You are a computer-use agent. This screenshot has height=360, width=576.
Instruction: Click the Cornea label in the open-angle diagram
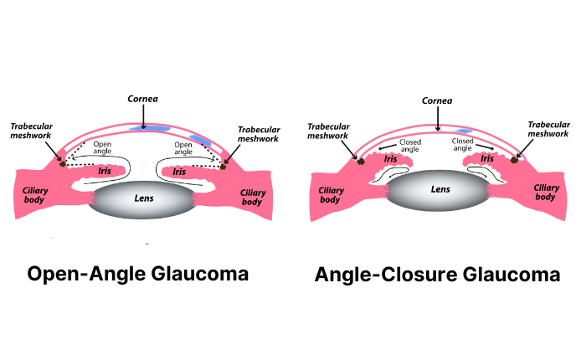(143, 98)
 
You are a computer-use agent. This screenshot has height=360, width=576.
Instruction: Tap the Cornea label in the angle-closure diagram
(436, 98)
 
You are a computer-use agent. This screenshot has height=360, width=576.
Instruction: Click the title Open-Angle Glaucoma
(138, 274)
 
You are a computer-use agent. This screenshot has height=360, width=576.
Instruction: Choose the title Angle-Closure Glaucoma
(437, 274)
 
